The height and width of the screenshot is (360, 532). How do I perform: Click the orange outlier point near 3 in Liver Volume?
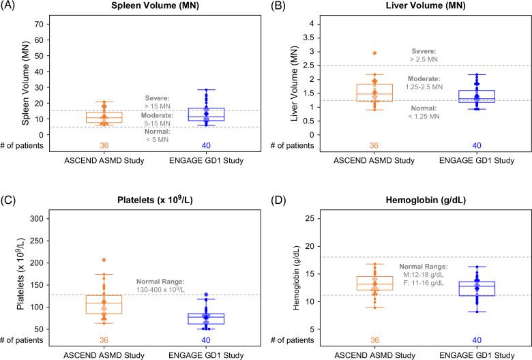tap(374, 52)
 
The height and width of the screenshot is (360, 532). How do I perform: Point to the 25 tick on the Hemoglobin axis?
tap(307, 218)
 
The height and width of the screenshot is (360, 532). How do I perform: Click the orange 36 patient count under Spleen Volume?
tap(104, 145)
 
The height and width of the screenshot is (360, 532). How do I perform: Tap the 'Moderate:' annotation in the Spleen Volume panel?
tap(159, 115)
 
